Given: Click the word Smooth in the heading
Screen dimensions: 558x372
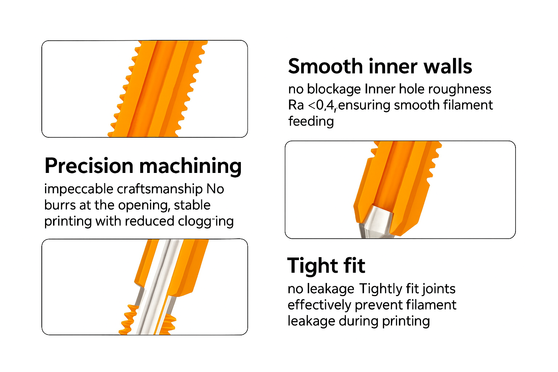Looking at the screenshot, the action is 325,66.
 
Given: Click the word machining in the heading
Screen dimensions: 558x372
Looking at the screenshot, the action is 191,166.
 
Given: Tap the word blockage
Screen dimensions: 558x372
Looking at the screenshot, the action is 334,89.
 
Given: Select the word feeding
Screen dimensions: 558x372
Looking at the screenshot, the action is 311,122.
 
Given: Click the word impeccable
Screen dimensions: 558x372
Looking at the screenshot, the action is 79,189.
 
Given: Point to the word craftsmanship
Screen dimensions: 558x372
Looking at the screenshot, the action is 160,189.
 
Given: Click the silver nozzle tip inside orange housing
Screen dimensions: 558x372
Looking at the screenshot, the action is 376,221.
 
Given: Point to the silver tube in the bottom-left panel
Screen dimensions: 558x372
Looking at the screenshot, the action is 159,287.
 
